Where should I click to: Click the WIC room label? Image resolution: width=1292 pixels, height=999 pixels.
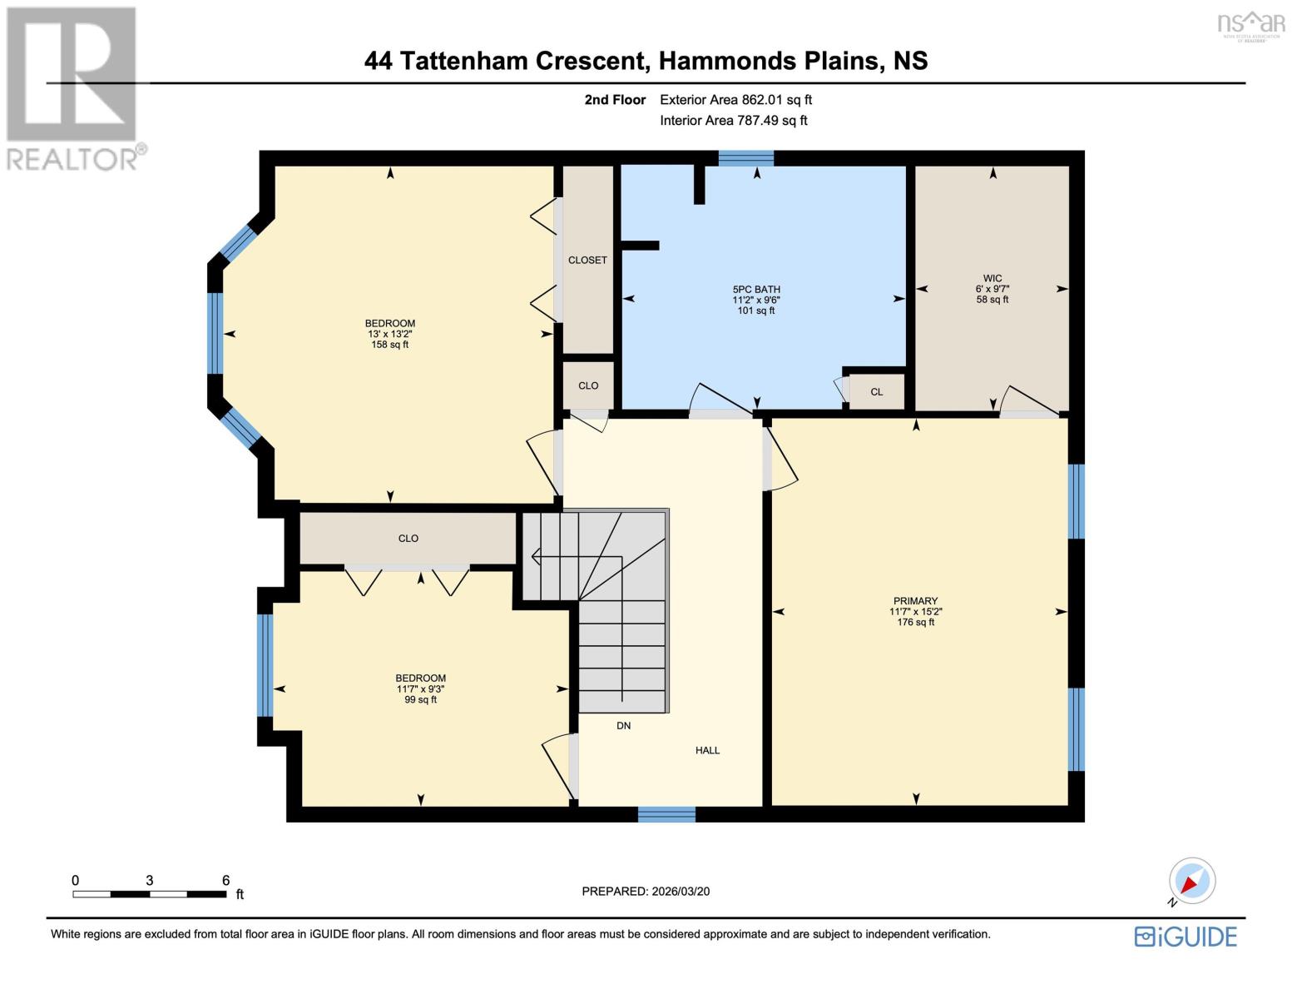click(992, 278)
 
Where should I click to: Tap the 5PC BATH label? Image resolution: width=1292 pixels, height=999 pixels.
click(755, 290)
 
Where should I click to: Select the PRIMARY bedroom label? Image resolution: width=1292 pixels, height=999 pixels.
click(915, 601)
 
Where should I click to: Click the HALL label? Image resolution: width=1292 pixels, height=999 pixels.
click(707, 750)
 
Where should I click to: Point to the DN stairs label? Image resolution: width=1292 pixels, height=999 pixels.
click(623, 726)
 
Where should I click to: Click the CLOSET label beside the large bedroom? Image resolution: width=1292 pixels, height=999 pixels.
click(587, 260)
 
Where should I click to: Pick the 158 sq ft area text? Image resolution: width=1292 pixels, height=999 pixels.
click(389, 345)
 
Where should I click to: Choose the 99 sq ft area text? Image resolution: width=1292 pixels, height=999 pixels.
click(420, 700)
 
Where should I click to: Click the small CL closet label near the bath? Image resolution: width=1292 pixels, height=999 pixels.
click(876, 392)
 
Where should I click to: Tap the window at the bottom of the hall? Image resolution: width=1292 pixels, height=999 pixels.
click(666, 814)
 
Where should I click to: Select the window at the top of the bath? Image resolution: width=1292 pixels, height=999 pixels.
click(745, 158)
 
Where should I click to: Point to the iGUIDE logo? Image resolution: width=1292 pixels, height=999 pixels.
click(1186, 937)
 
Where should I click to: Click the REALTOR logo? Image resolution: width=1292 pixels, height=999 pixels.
click(73, 87)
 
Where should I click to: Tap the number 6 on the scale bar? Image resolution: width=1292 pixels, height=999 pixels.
click(225, 880)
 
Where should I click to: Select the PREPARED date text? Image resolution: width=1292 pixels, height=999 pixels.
click(646, 892)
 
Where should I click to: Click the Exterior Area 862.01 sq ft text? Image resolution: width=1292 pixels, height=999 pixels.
click(735, 100)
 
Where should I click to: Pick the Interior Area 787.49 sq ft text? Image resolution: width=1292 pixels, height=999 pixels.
click(733, 121)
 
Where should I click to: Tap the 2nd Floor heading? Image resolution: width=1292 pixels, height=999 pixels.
click(615, 100)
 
